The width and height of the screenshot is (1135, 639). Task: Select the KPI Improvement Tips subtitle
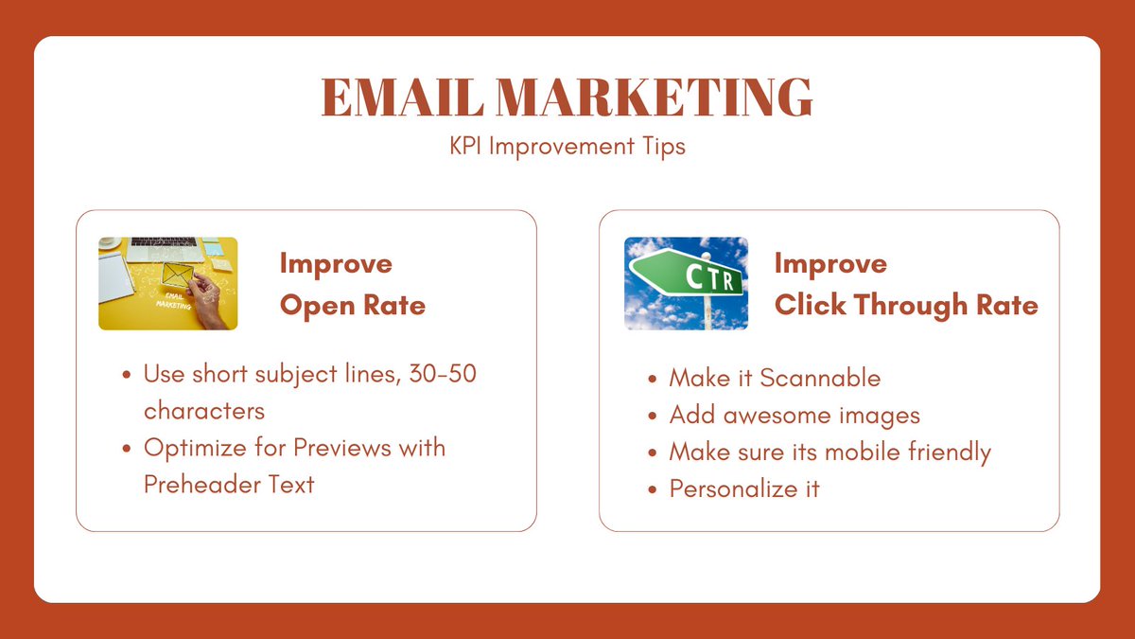point(567,147)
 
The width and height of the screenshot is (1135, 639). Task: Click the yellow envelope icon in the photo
point(177,275)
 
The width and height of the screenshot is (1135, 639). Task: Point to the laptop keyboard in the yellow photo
point(163,243)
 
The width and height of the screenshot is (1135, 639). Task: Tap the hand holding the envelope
point(210,308)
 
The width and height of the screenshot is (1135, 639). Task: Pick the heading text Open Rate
point(352,305)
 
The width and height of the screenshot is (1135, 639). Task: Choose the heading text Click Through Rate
point(905,305)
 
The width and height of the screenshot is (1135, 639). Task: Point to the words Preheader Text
point(229,484)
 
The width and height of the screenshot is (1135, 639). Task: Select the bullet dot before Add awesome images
point(653,416)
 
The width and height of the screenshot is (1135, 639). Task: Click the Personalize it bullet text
point(743,488)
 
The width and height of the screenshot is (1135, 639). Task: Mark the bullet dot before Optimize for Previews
point(127,447)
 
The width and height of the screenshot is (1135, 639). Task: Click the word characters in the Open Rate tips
point(203,411)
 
